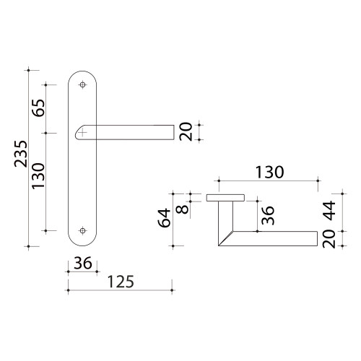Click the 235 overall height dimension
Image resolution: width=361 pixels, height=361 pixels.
tap(21, 154)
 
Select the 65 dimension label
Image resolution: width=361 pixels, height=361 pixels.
tap(39, 108)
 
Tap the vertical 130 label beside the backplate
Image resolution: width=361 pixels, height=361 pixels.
tap(38, 176)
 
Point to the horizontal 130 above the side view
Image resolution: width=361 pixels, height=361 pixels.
tap(269, 173)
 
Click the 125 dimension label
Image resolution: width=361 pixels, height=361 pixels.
tap(121, 282)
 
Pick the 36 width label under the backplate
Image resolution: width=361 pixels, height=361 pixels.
tap(83, 263)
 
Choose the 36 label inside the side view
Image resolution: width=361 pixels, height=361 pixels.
tap(268, 215)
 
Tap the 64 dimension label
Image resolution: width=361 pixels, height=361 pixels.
tap(164, 218)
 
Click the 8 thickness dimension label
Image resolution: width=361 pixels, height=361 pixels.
tap(182, 209)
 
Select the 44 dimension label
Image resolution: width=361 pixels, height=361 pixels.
tap(329, 211)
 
